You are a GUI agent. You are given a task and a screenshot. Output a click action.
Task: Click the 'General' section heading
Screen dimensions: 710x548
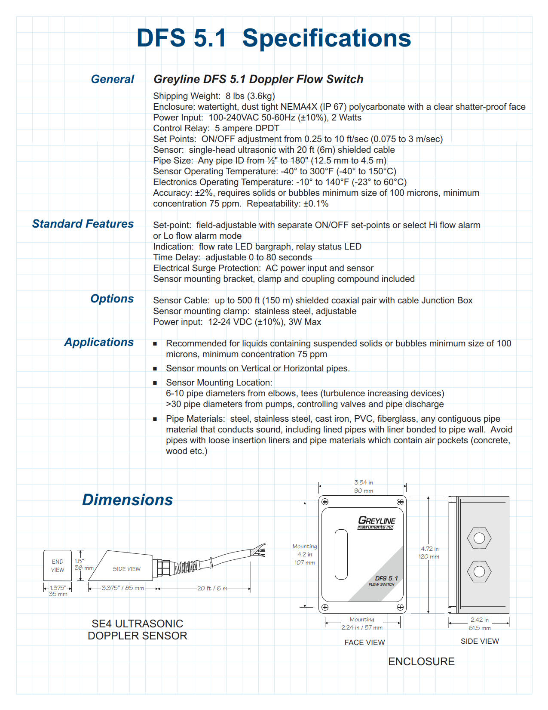(x=112, y=79)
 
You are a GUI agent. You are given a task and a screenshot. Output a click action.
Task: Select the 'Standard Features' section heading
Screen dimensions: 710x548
(x=83, y=224)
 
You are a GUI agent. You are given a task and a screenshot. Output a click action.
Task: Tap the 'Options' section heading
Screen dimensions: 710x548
(x=112, y=299)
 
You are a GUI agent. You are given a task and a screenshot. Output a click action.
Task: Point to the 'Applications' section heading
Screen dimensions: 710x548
(x=99, y=342)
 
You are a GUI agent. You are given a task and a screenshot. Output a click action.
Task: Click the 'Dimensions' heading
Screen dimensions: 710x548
(x=127, y=500)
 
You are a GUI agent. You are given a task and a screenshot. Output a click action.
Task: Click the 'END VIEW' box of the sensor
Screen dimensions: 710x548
(x=58, y=566)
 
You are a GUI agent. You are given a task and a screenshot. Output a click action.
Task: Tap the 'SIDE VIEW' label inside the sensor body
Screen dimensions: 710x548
(x=126, y=569)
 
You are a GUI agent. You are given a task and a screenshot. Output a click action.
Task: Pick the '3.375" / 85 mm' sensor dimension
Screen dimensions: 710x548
(x=122, y=588)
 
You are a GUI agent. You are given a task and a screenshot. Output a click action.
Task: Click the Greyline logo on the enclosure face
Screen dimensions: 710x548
(x=377, y=522)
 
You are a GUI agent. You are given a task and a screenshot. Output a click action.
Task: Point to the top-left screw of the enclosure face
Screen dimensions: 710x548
(x=325, y=502)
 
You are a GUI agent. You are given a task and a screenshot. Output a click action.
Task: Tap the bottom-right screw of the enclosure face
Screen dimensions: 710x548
(x=400, y=607)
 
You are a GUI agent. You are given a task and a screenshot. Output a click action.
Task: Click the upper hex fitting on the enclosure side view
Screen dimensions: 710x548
(x=479, y=538)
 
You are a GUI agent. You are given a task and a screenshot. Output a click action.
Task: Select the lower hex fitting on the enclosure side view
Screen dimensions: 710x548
(x=479, y=571)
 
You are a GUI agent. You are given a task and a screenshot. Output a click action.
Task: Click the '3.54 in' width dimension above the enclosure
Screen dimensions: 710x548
(x=363, y=483)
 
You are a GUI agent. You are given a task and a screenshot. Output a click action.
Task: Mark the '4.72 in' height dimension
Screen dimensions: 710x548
(x=429, y=549)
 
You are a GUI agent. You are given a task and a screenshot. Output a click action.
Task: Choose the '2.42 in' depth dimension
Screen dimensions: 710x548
(x=479, y=620)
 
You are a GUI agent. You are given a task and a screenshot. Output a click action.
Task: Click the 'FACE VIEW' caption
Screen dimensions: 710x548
(x=364, y=642)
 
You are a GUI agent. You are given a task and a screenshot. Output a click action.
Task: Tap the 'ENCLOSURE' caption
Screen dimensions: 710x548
(x=421, y=661)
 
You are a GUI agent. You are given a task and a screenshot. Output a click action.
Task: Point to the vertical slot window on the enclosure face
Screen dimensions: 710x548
(x=341, y=554)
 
